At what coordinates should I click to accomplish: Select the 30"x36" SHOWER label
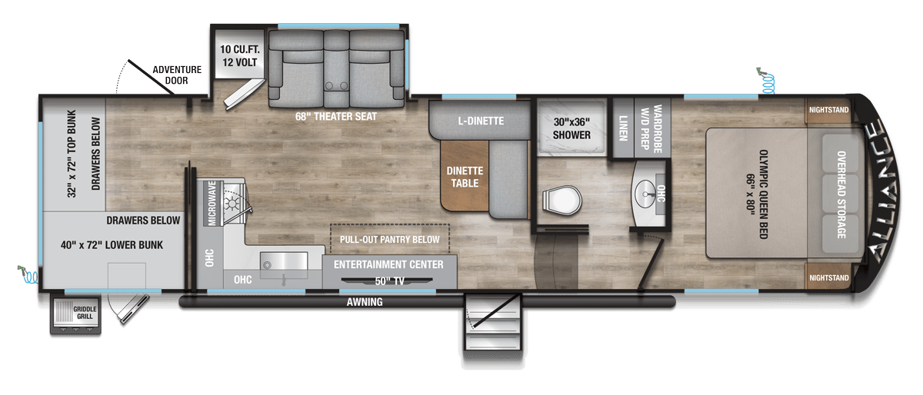pos(571,128)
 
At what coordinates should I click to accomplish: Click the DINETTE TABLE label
pos(465,177)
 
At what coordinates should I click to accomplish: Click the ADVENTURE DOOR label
pos(177,75)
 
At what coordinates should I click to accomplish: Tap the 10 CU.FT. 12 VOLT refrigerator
pos(239,54)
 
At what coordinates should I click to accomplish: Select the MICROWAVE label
pos(212,203)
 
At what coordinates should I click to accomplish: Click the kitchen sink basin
pos(284,261)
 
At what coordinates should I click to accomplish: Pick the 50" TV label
pos(389,281)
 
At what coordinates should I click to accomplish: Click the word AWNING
pos(365,302)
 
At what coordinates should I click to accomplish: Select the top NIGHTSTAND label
pos(828,110)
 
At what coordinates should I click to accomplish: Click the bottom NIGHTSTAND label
pos(828,278)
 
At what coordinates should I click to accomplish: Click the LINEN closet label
pos(623,128)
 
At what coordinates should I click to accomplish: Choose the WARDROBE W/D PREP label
pos(651,129)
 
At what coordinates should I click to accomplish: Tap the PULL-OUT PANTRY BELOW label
pos(389,240)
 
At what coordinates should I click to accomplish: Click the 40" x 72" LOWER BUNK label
pos(112,245)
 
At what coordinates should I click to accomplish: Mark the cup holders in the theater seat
pos(336,86)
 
